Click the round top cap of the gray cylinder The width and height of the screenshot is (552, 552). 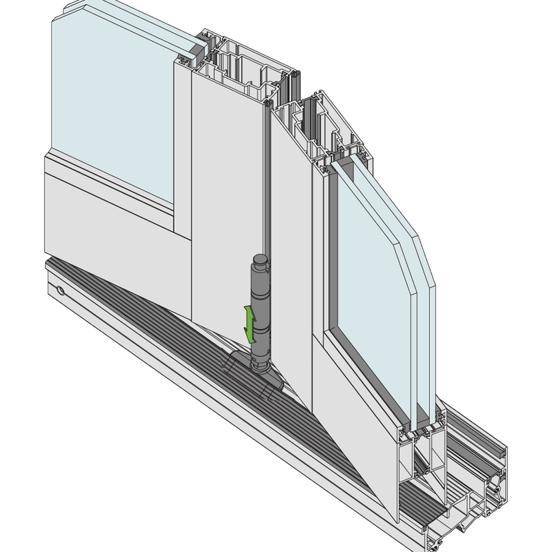[259, 260]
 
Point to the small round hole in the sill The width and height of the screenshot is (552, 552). [60, 291]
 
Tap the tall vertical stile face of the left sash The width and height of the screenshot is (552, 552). [224, 193]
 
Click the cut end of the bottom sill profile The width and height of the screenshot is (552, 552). [476, 504]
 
